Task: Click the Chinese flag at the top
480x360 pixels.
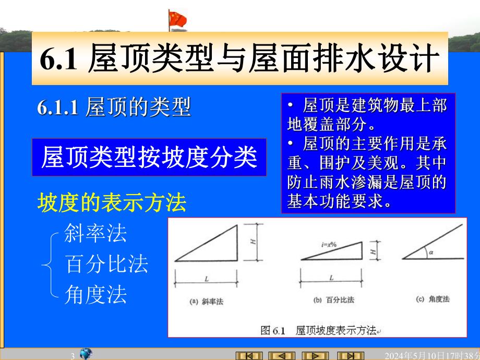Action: pyautogui.click(x=177, y=20)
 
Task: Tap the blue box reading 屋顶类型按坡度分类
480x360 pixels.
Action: pyautogui.click(x=149, y=157)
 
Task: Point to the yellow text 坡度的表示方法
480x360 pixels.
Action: pyautogui.click(x=112, y=203)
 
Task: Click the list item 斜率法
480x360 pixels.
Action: pyautogui.click(x=95, y=233)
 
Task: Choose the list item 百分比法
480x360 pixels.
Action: pyautogui.click(x=106, y=265)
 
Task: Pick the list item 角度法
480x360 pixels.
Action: pyautogui.click(x=95, y=295)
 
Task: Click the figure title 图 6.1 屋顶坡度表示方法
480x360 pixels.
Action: pyautogui.click(x=318, y=330)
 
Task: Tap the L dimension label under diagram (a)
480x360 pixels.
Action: pyautogui.click(x=207, y=279)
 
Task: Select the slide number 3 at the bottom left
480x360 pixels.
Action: pyautogui.click(x=73, y=356)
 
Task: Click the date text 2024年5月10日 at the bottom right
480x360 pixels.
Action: pyautogui.click(x=428, y=356)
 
